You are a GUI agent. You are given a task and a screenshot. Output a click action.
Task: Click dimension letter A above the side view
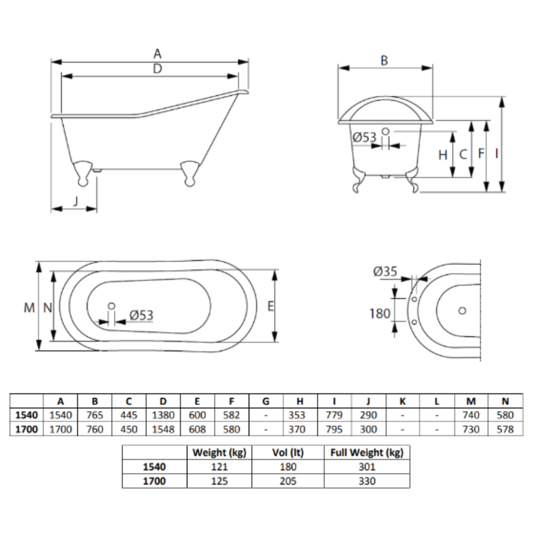point(158,54)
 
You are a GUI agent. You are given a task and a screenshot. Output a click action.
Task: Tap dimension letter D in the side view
point(158,68)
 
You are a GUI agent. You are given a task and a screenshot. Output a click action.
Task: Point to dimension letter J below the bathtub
point(76,201)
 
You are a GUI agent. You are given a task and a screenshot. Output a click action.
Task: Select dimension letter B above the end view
point(384,60)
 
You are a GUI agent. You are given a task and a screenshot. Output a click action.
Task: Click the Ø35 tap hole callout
point(385,272)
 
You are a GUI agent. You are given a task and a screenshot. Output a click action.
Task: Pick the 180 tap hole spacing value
point(380,314)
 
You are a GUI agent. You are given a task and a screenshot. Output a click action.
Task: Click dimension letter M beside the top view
point(29,308)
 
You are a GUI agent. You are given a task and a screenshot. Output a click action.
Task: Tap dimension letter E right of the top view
point(271,306)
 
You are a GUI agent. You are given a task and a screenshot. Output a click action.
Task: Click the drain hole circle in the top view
point(111,306)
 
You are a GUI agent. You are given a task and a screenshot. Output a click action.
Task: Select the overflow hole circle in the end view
point(385,131)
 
